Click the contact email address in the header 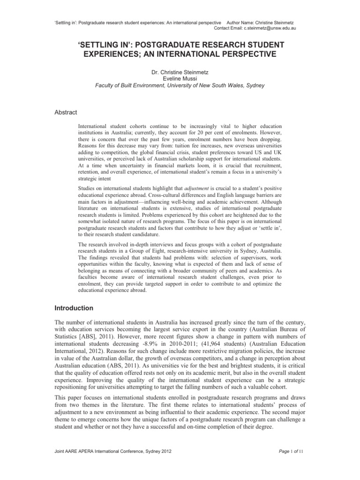272,28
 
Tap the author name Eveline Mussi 180,79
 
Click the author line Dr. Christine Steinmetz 180,73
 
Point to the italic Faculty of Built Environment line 180,85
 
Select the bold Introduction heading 73,308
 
